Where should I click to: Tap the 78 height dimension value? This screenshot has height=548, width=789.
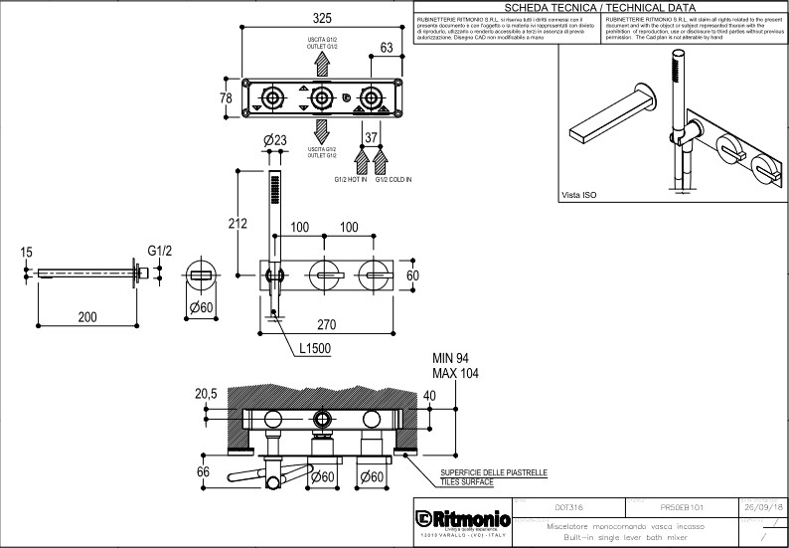pos(227,98)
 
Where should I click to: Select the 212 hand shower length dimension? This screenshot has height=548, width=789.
pos(237,224)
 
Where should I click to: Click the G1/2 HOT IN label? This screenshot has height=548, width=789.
pos(350,180)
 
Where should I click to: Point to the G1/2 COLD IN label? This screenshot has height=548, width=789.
pos(394,180)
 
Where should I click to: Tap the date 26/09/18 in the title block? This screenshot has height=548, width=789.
pos(762,505)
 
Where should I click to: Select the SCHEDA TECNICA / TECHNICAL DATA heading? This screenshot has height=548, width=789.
pos(600,7)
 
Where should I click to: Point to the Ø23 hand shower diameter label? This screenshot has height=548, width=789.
pos(275,139)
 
